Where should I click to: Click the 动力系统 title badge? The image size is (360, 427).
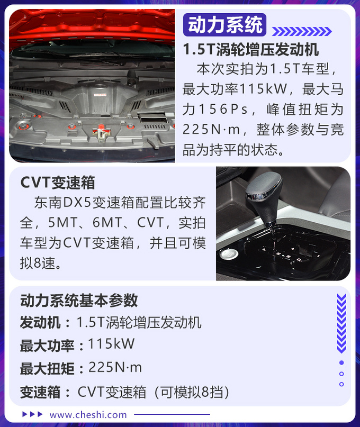[x=224, y=25]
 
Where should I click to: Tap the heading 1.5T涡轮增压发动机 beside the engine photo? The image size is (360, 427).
[x=251, y=49]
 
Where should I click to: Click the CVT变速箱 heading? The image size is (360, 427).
[x=58, y=183]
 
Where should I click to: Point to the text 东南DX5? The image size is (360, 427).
[x=62, y=203]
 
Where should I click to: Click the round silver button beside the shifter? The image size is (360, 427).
[x=229, y=254]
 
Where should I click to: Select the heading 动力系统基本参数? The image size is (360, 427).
[x=79, y=301]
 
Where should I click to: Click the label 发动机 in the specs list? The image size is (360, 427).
[x=40, y=322]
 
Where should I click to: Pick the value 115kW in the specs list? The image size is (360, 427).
[x=111, y=344]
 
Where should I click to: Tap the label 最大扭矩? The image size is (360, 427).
[x=47, y=368]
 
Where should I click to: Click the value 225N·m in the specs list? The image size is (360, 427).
[x=115, y=367]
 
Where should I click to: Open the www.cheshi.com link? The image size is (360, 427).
[x=88, y=415]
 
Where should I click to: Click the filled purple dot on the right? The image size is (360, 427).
[x=341, y=362]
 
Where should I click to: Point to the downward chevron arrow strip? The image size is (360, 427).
[x=341, y=323]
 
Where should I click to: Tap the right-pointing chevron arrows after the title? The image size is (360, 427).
[x=302, y=32]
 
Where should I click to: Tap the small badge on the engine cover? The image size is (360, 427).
[x=100, y=95]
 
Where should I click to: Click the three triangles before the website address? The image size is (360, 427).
[x=32, y=414]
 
